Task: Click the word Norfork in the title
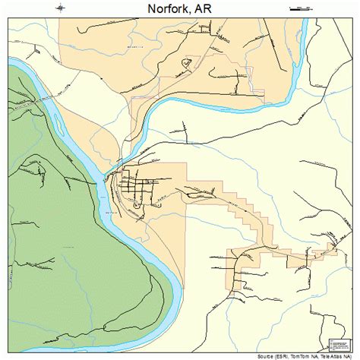tap(160, 9)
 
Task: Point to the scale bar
tap(300, 9)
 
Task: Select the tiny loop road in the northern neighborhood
tap(185, 65)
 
